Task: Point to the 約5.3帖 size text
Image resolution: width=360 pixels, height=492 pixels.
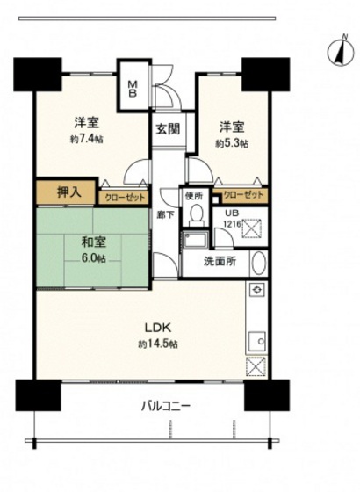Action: point(233,141)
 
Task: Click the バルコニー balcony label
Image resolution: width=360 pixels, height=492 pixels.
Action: point(165,407)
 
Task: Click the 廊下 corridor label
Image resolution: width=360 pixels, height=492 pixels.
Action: point(165,213)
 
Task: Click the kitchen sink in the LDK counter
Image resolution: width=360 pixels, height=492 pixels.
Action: point(257,340)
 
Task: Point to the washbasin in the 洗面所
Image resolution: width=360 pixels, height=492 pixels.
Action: point(258,263)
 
